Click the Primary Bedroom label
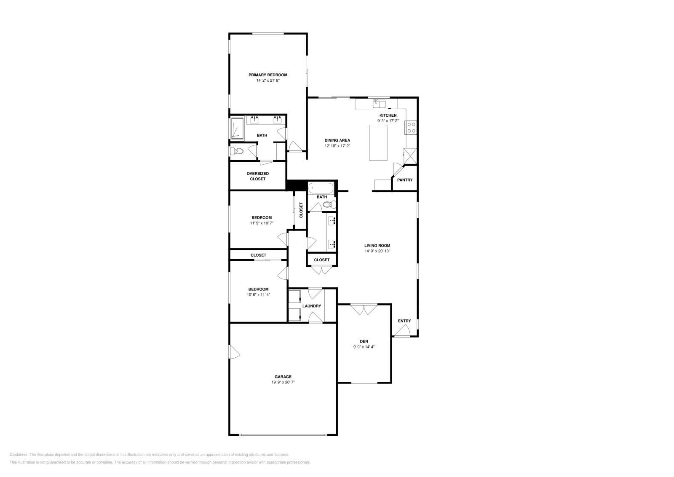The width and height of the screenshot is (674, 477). click(267, 75)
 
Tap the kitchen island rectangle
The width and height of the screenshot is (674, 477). click(378, 143)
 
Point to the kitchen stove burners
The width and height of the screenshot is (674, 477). click(411, 128)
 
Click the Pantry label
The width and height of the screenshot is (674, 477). click(405, 180)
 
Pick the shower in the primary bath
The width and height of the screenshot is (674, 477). click(237, 129)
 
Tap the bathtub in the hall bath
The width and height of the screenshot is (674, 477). click(321, 188)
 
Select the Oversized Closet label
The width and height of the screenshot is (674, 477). click(258, 176)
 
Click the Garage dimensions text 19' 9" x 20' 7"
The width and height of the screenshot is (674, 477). click(283, 382)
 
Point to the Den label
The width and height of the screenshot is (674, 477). click(364, 341)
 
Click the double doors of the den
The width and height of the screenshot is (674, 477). click(364, 310)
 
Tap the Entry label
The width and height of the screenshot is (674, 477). click(404, 321)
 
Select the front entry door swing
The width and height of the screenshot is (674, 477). click(401, 331)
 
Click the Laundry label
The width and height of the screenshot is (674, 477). click(312, 306)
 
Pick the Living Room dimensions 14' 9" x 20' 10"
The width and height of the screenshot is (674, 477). click(377, 251)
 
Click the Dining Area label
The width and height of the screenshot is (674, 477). click(337, 140)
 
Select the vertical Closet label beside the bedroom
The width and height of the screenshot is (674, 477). click(301, 210)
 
